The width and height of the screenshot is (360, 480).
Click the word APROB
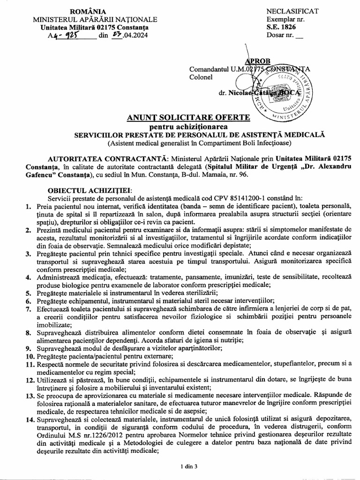pos(257,61)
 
